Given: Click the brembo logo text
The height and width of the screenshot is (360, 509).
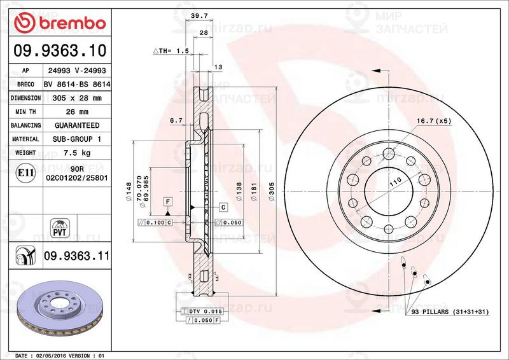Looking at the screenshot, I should pos(61,24).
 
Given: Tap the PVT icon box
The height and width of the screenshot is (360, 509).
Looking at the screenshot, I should pos(60,227).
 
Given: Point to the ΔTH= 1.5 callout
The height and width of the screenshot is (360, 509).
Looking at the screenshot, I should pos(171,50).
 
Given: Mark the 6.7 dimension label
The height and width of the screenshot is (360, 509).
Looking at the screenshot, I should pos(176,120).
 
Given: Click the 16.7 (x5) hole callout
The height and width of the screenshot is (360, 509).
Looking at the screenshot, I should pos(433,120).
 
